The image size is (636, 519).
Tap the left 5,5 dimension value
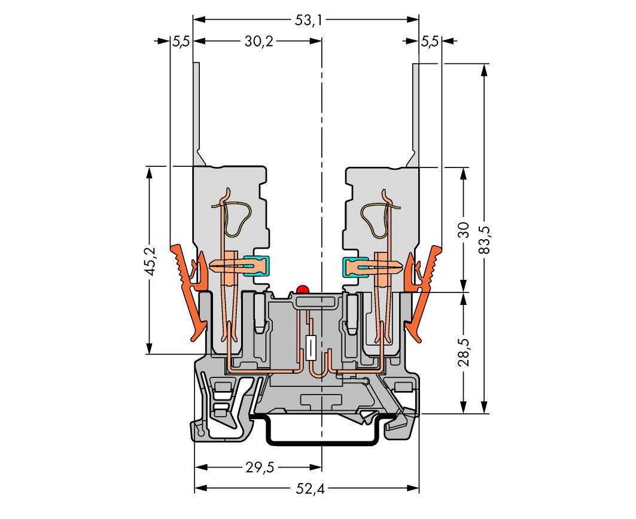[x=181, y=41]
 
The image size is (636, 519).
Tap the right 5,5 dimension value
[x=429, y=41]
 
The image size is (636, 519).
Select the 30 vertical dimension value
[x=464, y=230]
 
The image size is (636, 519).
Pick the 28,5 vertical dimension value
[x=464, y=352]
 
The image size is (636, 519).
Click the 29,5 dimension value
[x=260, y=468]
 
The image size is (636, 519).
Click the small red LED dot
[x=302, y=290]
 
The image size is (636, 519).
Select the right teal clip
[x=354, y=266]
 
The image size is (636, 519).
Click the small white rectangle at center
[x=311, y=347]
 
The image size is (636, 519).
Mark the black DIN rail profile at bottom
[x=322, y=439]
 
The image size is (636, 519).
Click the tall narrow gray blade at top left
[x=196, y=114]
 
